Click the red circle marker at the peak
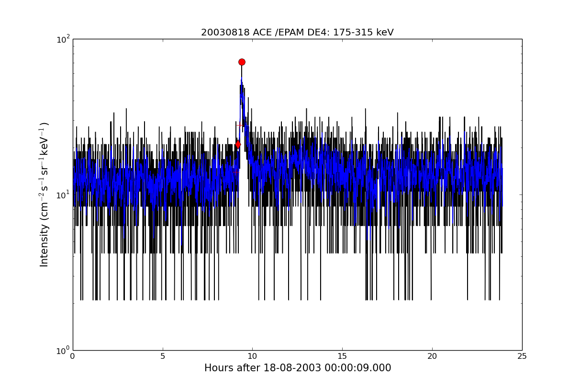[242, 62]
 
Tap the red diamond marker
[238, 144]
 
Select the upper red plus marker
[240, 126]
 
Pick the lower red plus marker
[236, 172]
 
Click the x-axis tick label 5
[163, 356]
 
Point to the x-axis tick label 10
[252, 356]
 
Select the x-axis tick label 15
[342, 356]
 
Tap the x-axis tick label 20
[432, 356]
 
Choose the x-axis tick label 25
[522, 356]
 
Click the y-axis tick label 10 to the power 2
[63, 39]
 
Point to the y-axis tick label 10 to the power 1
[63, 195]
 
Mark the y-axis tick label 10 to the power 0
[63, 351]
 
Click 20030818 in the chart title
[225, 33]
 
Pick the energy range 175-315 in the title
[353, 33]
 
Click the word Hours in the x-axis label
[219, 368]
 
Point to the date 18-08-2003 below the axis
[292, 368]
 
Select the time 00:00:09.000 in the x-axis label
[357, 368]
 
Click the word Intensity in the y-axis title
[44, 245]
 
